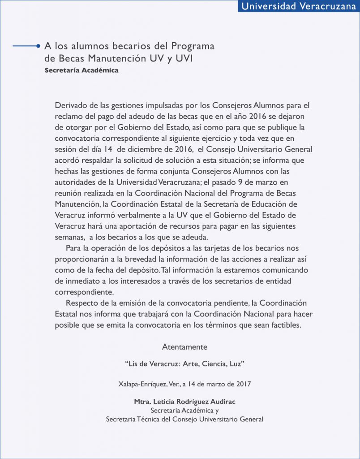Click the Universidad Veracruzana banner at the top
(x=299, y=6)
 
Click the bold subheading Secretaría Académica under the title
(x=81, y=70)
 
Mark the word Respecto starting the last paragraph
(x=81, y=303)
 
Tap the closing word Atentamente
(x=184, y=347)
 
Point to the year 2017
(x=242, y=384)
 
